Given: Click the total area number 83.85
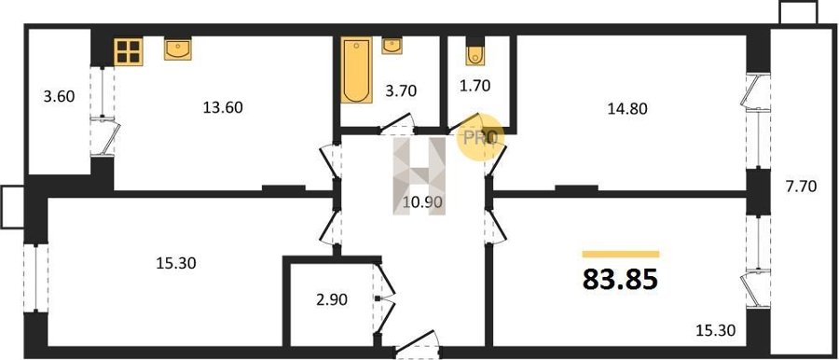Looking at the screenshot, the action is tap(620, 279).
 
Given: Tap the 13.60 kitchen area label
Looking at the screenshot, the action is tap(223, 107).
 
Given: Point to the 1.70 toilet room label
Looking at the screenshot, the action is tap(475, 85).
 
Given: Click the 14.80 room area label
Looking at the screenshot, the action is tap(627, 109).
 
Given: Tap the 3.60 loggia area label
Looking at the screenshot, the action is tap(60, 96).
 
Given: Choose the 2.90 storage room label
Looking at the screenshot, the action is tap(332, 300).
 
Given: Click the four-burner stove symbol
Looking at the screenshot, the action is tap(129, 51).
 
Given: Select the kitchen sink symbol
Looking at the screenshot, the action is tap(178, 48).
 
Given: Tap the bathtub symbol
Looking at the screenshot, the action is tap(357, 70).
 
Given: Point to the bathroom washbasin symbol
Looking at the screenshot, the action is tap(392, 46).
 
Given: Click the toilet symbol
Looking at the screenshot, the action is tap(475, 51).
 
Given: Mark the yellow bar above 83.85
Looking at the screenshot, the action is tap(621, 255).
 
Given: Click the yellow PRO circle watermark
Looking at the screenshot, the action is tap(480, 139).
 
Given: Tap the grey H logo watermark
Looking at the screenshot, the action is tap(419, 176).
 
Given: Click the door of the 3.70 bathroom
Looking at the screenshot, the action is tap(397, 124).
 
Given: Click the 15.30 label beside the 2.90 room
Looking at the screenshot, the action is tap(176, 264).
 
